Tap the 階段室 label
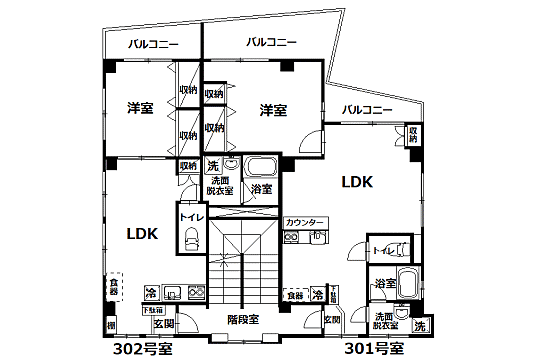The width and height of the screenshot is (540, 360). click(243, 320)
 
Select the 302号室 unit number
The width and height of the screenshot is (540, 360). click(139, 349)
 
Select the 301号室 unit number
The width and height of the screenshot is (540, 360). click(373, 349)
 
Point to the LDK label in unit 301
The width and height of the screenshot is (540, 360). click(357, 182)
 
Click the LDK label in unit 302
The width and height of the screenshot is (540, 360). click(142, 234)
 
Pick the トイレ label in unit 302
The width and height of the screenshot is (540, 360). click(190, 216)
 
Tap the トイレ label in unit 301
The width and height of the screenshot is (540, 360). click(381, 251)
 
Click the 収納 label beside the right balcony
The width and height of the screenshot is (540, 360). click(414, 135)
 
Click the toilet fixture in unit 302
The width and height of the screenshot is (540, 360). click(190, 237)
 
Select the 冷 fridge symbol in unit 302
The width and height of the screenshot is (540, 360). click(150, 293)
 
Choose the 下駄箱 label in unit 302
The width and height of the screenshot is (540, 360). click(154, 310)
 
